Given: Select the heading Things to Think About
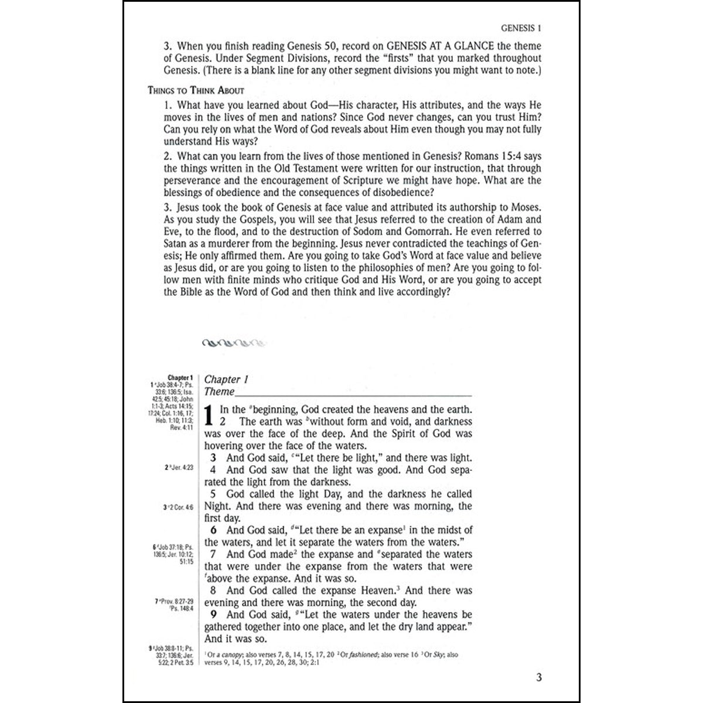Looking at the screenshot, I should [x=196, y=91].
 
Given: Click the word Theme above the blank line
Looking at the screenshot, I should [x=219, y=392].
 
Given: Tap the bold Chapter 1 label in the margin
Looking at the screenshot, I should [x=180, y=378].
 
